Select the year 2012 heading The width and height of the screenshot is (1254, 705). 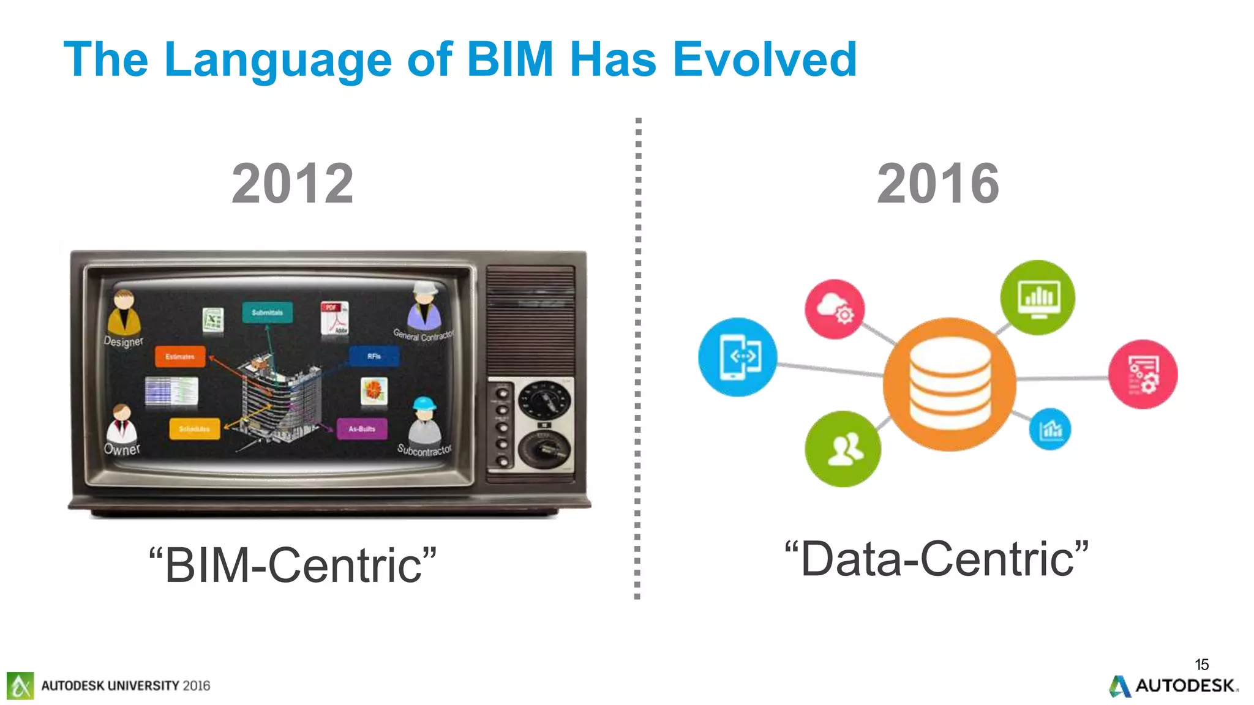(x=293, y=184)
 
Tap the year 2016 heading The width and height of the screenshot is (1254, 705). (x=938, y=184)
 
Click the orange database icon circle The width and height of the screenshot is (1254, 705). (x=950, y=384)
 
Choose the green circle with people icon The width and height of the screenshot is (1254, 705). (x=843, y=449)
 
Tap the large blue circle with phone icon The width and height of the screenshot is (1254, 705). (x=738, y=357)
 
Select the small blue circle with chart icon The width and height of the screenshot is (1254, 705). (x=1050, y=429)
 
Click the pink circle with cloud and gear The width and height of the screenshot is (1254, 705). (x=835, y=309)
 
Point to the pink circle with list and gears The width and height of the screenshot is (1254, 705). (x=1143, y=375)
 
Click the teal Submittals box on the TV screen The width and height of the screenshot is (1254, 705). (x=267, y=312)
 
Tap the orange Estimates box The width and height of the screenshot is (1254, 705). (x=180, y=356)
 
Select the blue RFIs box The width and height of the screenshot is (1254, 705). (x=374, y=356)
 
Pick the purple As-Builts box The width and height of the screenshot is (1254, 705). (x=362, y=428)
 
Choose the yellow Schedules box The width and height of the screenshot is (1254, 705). (x=194, y=428)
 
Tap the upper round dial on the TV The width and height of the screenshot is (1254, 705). (x=544, y=401)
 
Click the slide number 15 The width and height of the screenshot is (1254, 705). (x=1201, y=665)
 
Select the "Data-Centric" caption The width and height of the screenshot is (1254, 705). (x=937, y=559)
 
